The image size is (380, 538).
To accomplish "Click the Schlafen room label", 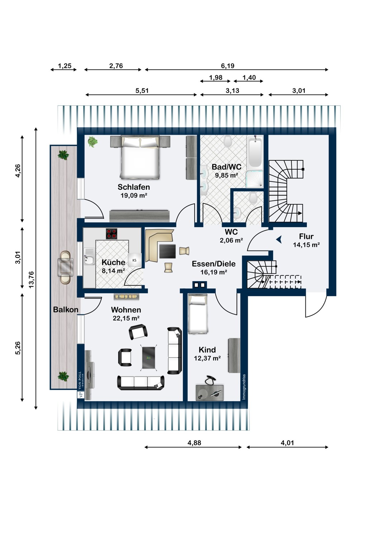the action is click(x=133, y=187).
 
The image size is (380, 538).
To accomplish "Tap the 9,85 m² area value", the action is click(x=226, y=175).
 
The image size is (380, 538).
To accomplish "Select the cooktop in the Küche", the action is click(x=111, y=234).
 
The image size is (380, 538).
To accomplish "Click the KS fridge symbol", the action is click(x=134, y=260).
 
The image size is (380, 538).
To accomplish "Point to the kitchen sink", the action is click(x=89, y=256).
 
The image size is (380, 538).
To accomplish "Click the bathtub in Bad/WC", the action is click(x=255, y=152).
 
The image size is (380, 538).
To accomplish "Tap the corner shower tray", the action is click(x=254, y=179).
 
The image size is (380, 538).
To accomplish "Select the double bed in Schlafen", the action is click(x=140, y=157).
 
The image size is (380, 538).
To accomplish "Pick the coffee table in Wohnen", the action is click(x=149, y=357).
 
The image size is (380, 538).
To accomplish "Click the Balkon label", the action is click(x=66, y=310).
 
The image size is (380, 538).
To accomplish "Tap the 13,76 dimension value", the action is click(x=31, y=279).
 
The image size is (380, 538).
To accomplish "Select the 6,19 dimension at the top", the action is click(x=228, y=66).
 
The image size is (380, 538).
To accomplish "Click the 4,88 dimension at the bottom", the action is click(x=194, y=443).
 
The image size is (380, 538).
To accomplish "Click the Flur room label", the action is click(x=306, y=236).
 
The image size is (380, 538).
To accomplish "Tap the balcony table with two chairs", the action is click(x=65, y=267).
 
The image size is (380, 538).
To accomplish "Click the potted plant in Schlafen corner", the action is click(x=92, y=141).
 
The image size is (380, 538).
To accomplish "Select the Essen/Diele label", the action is click(x=213, y=264).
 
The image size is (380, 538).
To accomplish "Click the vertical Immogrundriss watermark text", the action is click(x=244, y=387).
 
